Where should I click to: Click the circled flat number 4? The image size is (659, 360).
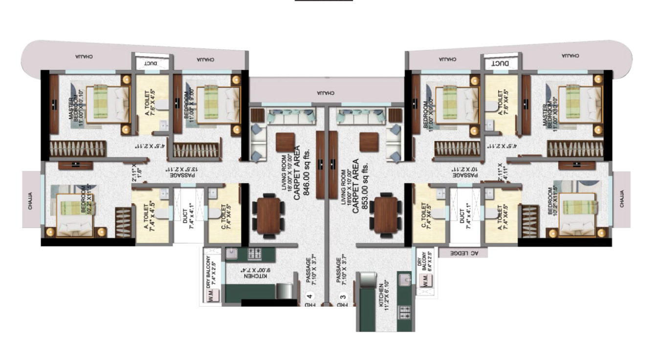tap(309, 296)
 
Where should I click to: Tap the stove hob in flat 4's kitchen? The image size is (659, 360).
tap(254, 254)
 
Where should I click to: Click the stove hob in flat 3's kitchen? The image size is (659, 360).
tap(404, 312)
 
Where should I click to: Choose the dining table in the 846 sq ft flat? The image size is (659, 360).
tap(268, 215)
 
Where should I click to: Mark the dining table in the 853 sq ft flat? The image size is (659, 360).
tap(385, 215)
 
